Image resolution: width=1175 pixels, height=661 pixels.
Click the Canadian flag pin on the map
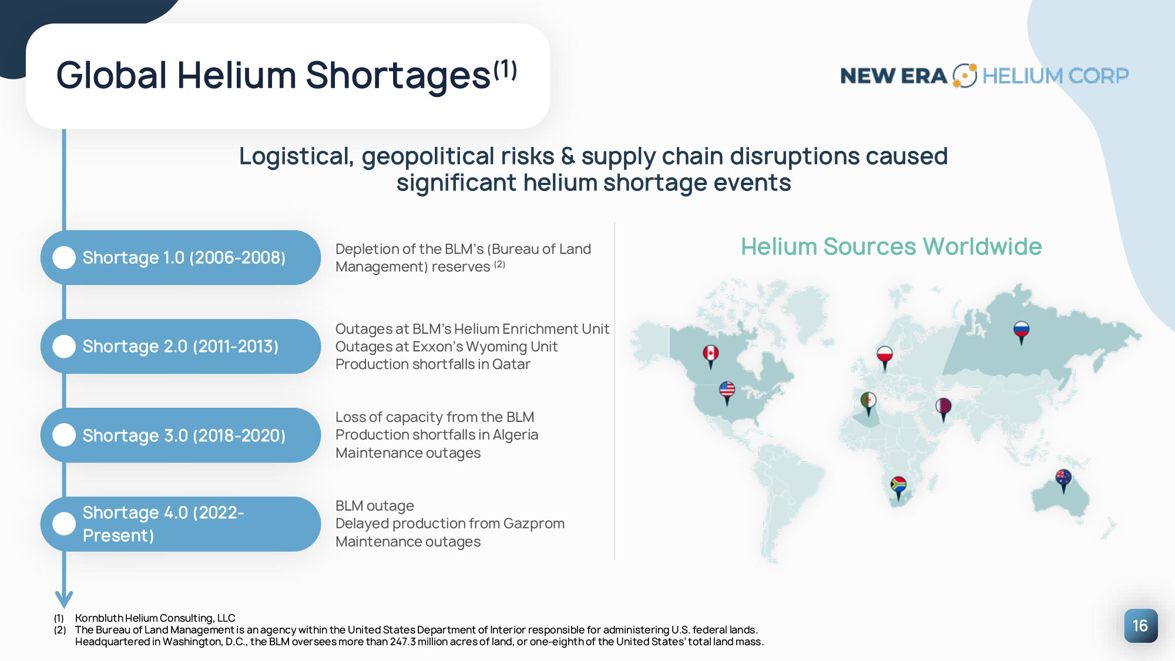point(711,355)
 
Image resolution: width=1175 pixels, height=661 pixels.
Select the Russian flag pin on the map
point(1021,331)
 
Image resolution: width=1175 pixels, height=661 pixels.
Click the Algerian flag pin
point(868,403)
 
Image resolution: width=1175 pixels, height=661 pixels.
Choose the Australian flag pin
point(1063,479)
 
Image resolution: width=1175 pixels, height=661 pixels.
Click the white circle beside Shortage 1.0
point(64,257)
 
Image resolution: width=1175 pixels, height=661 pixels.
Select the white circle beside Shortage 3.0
point(64,435)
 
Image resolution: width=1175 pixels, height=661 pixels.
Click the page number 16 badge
point(1140,626)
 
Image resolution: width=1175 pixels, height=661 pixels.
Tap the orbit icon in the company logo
point(965,76)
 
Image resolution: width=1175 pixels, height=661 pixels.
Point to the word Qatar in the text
point(511,364)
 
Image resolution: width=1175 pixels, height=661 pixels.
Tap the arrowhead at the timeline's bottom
point(64,600)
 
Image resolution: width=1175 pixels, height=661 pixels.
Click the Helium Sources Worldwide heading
point(891,247)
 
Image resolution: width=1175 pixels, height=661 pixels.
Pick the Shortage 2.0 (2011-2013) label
point(180,347)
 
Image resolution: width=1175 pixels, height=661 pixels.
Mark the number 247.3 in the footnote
point(402,642)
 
